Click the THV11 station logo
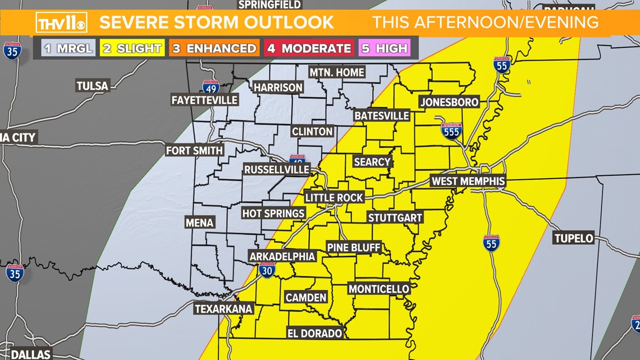click(x=61, y=22)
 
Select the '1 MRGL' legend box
click(x=68, y=48)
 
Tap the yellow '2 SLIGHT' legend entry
click(x=132, y=48)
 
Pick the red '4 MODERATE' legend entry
click(x=309, y=48)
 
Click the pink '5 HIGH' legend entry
click(x=385, y=48)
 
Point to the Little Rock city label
click(x=335, y=198)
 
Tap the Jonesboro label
click(x=449, y=102)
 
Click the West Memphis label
click(x=468, y=181)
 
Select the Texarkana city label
click(x=223, y=309)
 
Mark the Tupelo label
click(x=574, y=238)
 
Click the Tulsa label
click(x=92, y=86)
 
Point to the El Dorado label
click(x=314, y=333)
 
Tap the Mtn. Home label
click(x=337, y=72)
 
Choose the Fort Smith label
click(x=194, y=151)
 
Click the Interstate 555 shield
click(x=451, y=131)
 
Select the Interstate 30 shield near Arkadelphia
click(x=267, y=270)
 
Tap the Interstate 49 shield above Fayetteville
click(x=211, y=87)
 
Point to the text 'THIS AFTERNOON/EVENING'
click(x=485, y=22)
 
